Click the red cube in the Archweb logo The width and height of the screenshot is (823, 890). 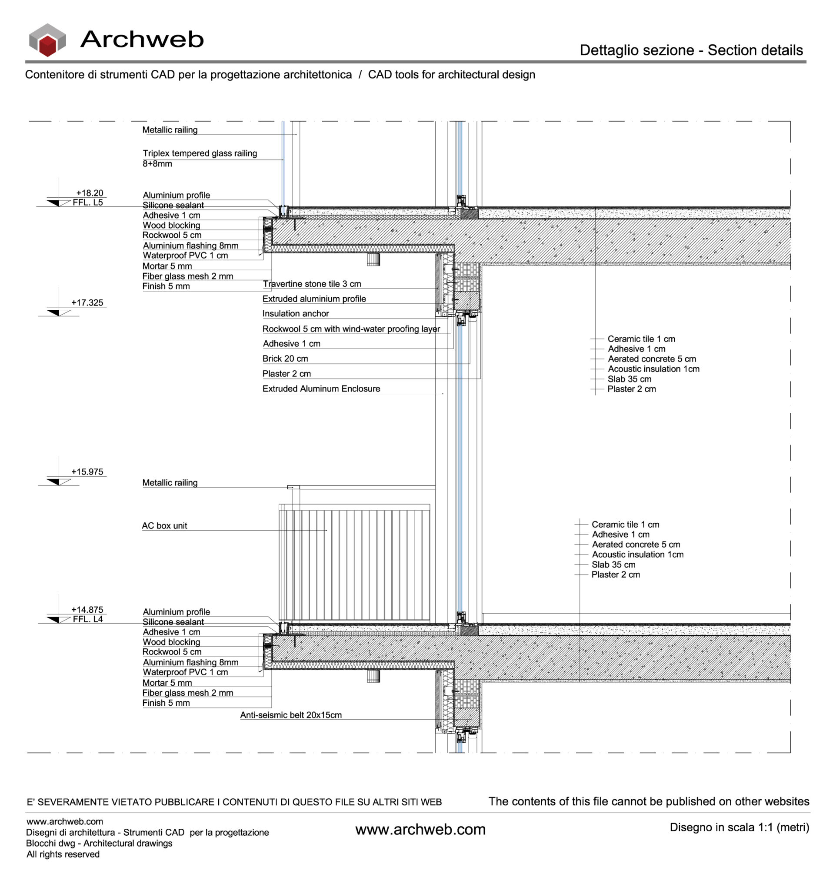tap(47, 46)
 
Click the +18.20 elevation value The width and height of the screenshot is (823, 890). tap(90, 193)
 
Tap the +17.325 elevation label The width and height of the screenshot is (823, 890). tap(87, 303)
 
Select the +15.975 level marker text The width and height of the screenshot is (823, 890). tap(87, 472)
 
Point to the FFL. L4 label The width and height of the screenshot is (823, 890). tap(88, 619)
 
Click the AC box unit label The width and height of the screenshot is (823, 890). tap(164, 526)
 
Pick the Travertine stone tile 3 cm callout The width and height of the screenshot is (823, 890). tap(312, 284)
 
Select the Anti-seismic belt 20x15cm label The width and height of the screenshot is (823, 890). tap(291, 715)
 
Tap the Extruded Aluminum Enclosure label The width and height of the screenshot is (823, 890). tap(321, 389)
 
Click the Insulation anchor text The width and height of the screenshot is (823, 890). tap(295, 313)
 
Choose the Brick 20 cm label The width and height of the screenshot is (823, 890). tap(285, 359)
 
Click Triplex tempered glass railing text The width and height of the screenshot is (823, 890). tap(200, 153)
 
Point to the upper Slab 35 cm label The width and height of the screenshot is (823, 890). tap(629, 379)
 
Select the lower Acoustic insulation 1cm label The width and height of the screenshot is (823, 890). tap(637, 555)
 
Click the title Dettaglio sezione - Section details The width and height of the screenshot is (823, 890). tap(691, 50)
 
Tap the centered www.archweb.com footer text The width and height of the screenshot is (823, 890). tap(420, 830)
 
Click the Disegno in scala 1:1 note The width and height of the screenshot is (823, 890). tap(739, 827)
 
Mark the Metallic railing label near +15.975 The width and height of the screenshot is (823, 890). tap(170, 483)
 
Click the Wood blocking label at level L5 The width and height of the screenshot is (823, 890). tap(171, 225)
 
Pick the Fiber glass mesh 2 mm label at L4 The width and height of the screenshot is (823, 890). tap(187, 693)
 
